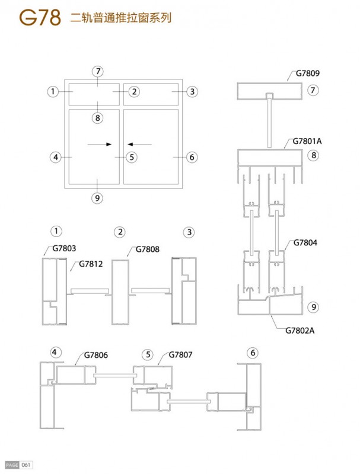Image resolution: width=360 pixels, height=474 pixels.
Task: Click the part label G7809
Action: [x=307, y=73]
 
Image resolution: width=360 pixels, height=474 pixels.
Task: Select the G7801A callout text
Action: [x=307, y=141]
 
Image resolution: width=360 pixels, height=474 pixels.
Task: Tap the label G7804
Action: [x=305, y=242]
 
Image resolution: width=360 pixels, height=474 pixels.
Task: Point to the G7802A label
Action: [x=300, y=331]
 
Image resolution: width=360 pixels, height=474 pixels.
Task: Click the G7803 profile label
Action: [x=64, y=248]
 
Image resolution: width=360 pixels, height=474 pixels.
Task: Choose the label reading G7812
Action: [x=91, y=264]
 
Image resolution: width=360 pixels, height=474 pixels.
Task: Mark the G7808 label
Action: [x=147, y=249]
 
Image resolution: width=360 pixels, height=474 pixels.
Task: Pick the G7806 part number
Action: [x=96, y=355]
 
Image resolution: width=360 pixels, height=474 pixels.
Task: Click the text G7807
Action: [x=180, y=354]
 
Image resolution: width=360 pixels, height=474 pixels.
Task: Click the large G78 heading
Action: [x=40, y=18]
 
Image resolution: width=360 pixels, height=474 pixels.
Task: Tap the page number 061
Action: [x=26, y=465]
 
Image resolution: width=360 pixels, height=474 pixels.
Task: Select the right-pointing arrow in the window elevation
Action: [x=100, y=145]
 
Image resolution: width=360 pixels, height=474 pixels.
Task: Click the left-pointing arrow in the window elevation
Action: [x=139, y=145]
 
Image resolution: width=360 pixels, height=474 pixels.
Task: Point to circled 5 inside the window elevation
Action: [x=132, y=157]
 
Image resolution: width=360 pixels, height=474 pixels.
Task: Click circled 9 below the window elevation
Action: [x=97, y=198]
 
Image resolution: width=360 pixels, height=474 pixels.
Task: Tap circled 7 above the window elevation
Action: [x=98, y=72]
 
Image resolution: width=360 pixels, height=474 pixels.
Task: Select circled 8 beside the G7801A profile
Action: [x=313, y=155]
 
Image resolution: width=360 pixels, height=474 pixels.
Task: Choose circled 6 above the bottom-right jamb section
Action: [x=253, y=353]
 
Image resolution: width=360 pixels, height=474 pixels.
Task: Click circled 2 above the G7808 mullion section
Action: [x=120, y=232]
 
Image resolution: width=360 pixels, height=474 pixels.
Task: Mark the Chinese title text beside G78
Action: [x=121, y=18]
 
